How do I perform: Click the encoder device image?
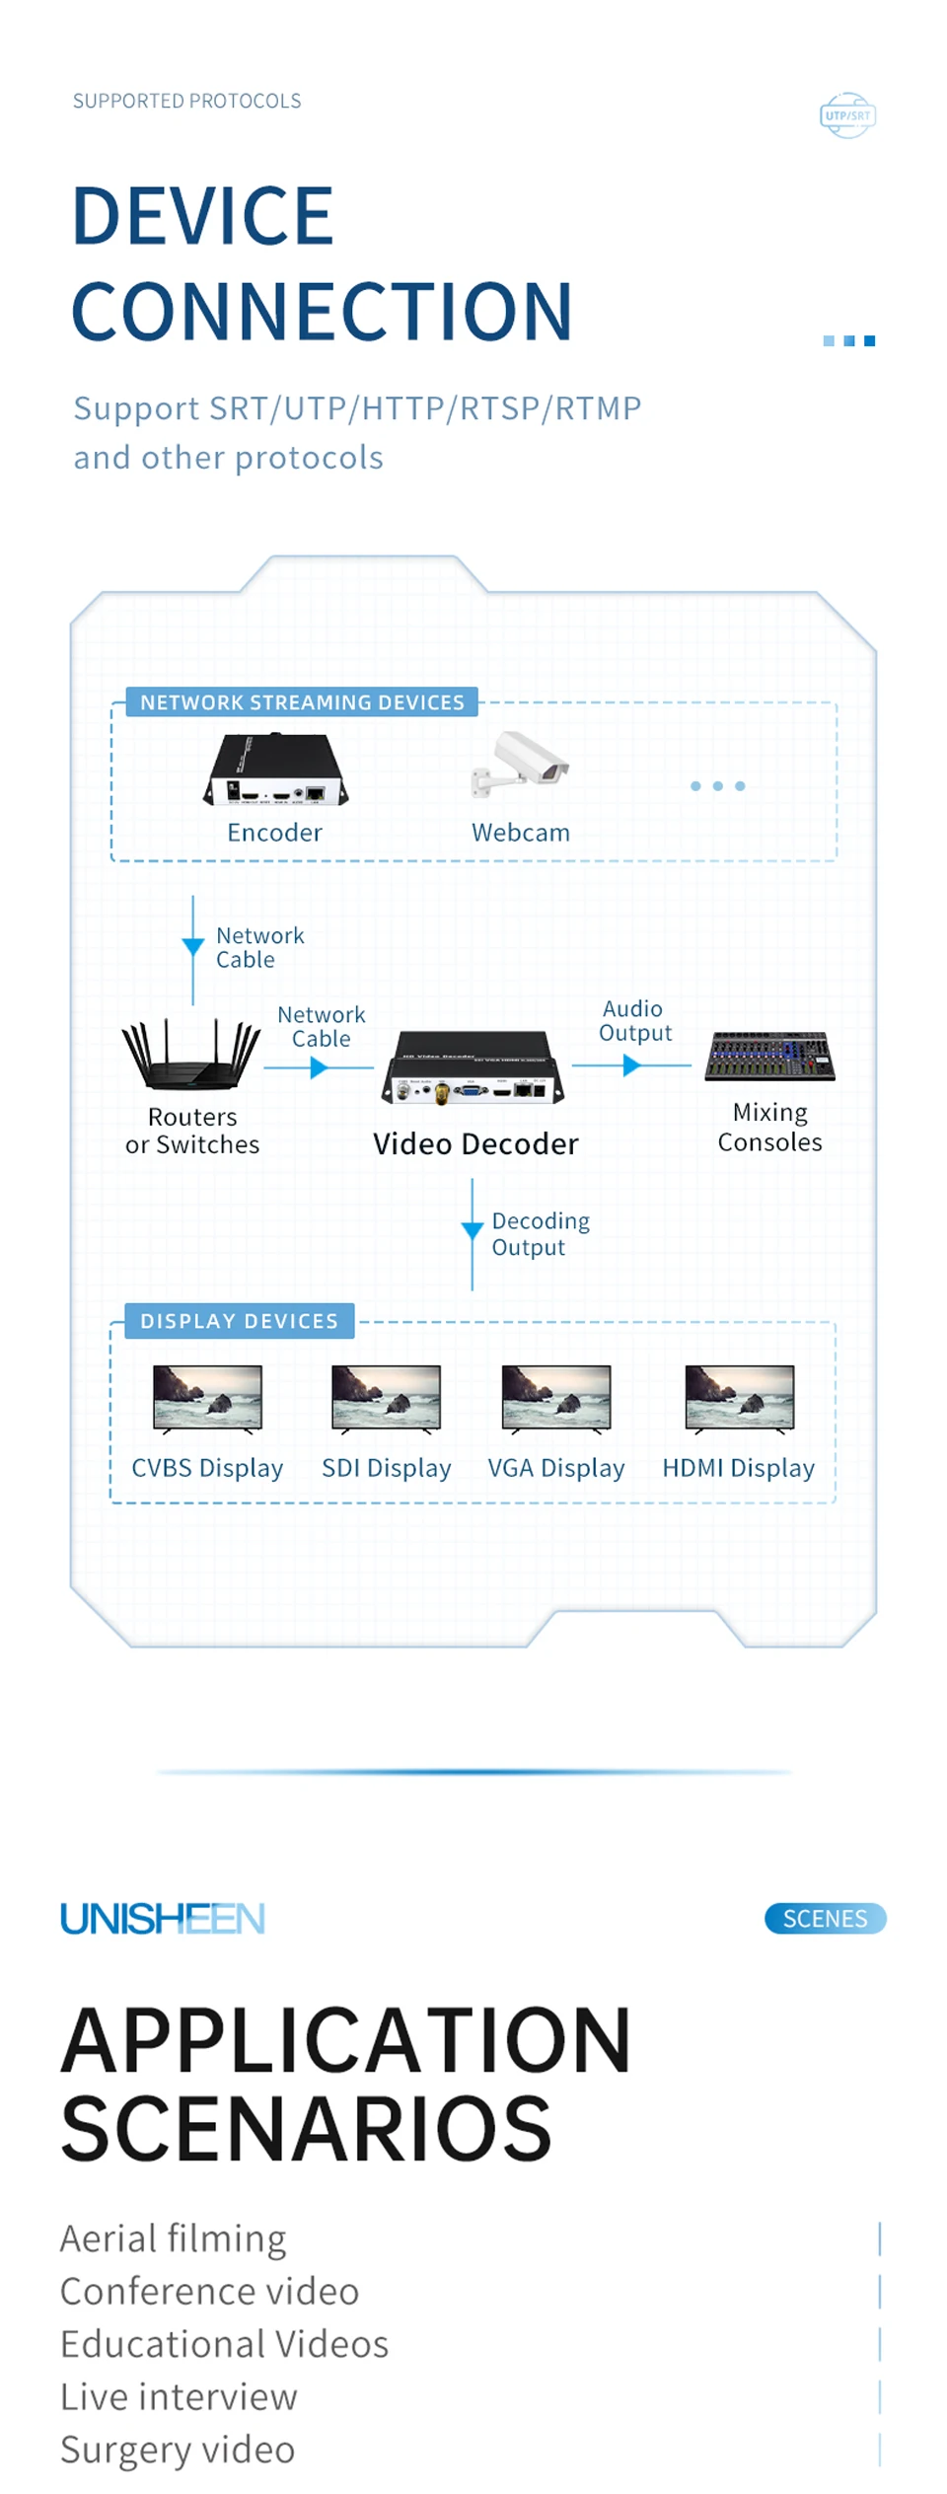click(x=275, y=770)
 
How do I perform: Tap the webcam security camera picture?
click(x=520, y=764)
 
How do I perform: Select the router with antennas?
click(x=191, y=1054)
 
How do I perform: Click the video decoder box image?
click(x=473, y=1067)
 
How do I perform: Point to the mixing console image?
click(x=770, y=1057)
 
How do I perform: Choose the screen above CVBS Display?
click(x=208, y=1399)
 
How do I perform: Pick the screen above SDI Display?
click(x=387, y=1399)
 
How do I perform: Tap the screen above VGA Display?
click(x=556, y=1399)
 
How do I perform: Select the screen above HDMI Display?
click(x=740, y=1399)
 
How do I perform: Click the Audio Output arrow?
click(x=631, y=1065)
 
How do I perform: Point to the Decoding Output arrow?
click(x=473, y=1234)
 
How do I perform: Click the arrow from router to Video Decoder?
click(x=319, y=1067)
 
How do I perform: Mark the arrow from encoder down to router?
click(x=193, y=950)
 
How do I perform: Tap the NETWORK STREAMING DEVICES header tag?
click(x=302, y=702)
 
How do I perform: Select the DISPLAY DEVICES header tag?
click(x=240, y=1321)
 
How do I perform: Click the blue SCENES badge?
click(x=826, y=1919)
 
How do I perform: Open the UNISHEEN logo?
click(x=163, y=1919)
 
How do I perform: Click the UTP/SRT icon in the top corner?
click(x=847, y=115)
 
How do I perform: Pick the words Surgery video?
click(x=178, y=2450)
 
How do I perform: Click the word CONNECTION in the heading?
click(x=322, y=311)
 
